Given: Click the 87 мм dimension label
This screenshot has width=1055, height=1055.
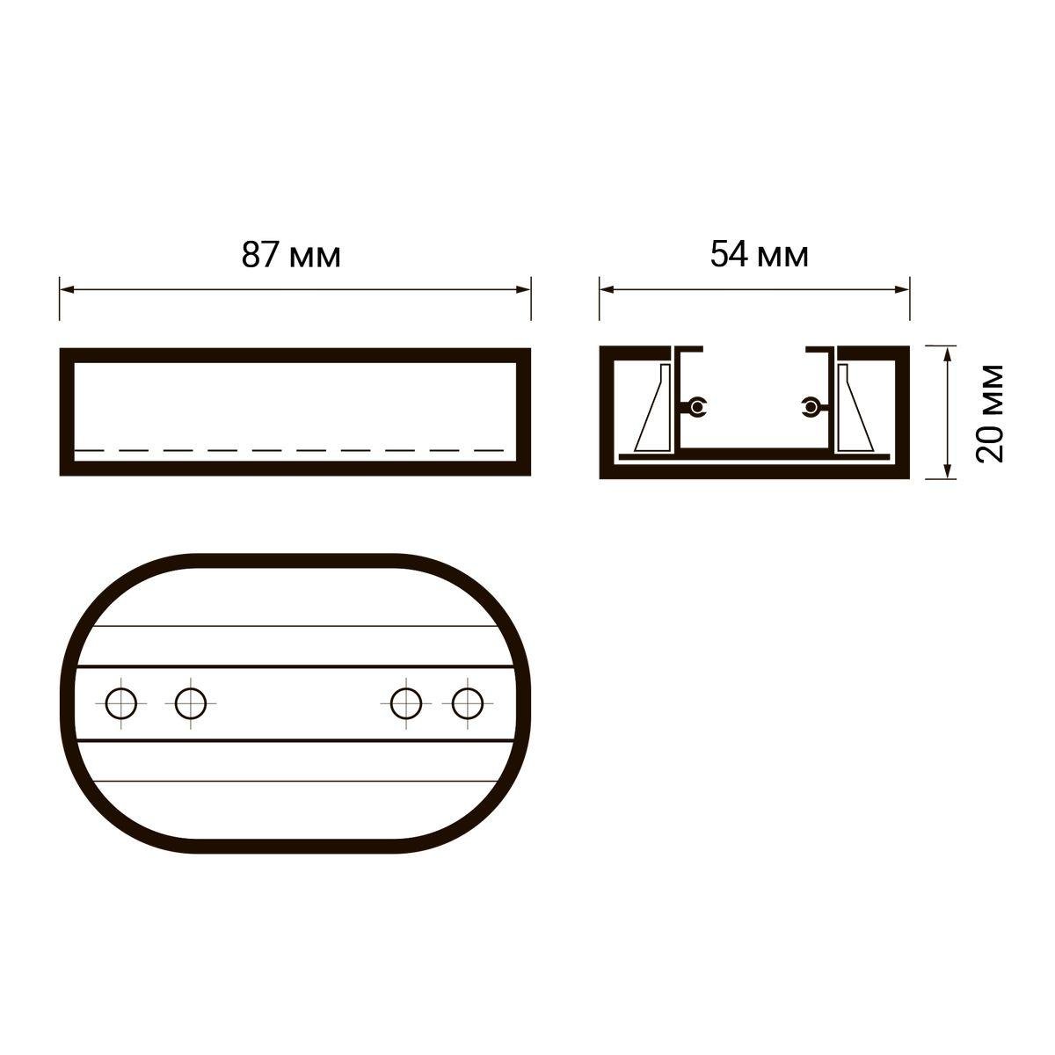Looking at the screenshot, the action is (291, 255).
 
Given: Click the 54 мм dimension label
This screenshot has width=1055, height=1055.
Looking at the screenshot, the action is (759, 255).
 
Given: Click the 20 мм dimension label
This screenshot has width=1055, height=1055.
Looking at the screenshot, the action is (991, 413).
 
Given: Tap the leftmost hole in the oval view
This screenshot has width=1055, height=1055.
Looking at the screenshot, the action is (121, 703).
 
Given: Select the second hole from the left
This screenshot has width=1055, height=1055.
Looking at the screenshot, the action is (191, 703).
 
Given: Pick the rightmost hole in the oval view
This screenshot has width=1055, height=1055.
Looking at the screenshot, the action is (468, 703).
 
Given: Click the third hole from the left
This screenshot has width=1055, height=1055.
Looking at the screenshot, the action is (406, 703).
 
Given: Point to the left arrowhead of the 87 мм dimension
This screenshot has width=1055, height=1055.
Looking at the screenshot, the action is (67, 289).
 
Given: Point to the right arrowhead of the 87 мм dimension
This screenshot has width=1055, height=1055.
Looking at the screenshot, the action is (524, 289).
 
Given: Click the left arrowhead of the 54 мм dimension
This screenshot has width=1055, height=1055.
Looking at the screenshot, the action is (607, 289).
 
